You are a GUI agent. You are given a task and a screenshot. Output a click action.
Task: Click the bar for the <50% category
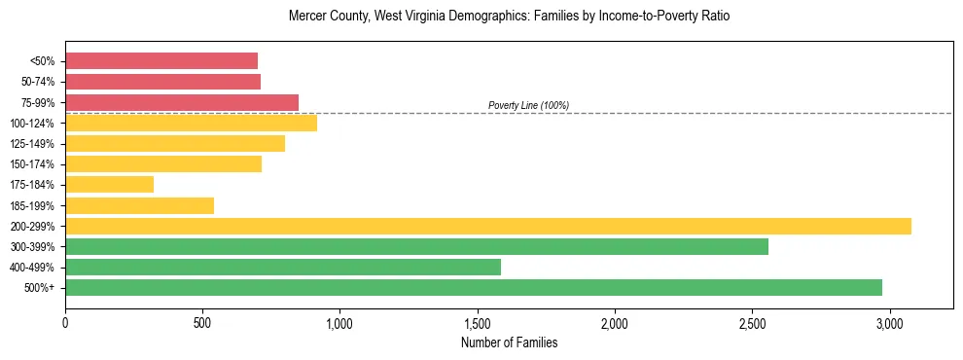pos(161,61)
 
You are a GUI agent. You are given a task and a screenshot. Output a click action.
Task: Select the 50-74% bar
pos(162,82)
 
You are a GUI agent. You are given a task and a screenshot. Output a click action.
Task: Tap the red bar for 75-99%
pos(182,102)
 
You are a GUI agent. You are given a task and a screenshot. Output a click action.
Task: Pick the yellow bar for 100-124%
pos(191,123)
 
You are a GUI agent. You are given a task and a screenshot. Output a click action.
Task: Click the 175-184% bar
pos(109,185)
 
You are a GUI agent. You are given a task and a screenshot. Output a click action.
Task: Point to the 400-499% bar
pos(283,267)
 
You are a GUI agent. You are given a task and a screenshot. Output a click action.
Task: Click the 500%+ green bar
pos(474,287)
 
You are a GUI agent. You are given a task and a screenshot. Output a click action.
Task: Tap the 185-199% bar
pos(139,205)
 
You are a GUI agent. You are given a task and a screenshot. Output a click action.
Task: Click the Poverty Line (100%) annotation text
pos(528,105)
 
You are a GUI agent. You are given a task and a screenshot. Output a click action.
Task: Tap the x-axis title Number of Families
pos(510,342)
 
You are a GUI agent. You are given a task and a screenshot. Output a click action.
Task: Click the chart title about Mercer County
pos(510,17)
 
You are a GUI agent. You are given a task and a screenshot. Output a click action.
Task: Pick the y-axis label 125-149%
pos(32,144)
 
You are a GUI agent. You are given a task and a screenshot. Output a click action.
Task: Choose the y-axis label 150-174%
pos(32,164)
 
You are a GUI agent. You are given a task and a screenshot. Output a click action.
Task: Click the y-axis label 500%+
pos(38,288)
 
